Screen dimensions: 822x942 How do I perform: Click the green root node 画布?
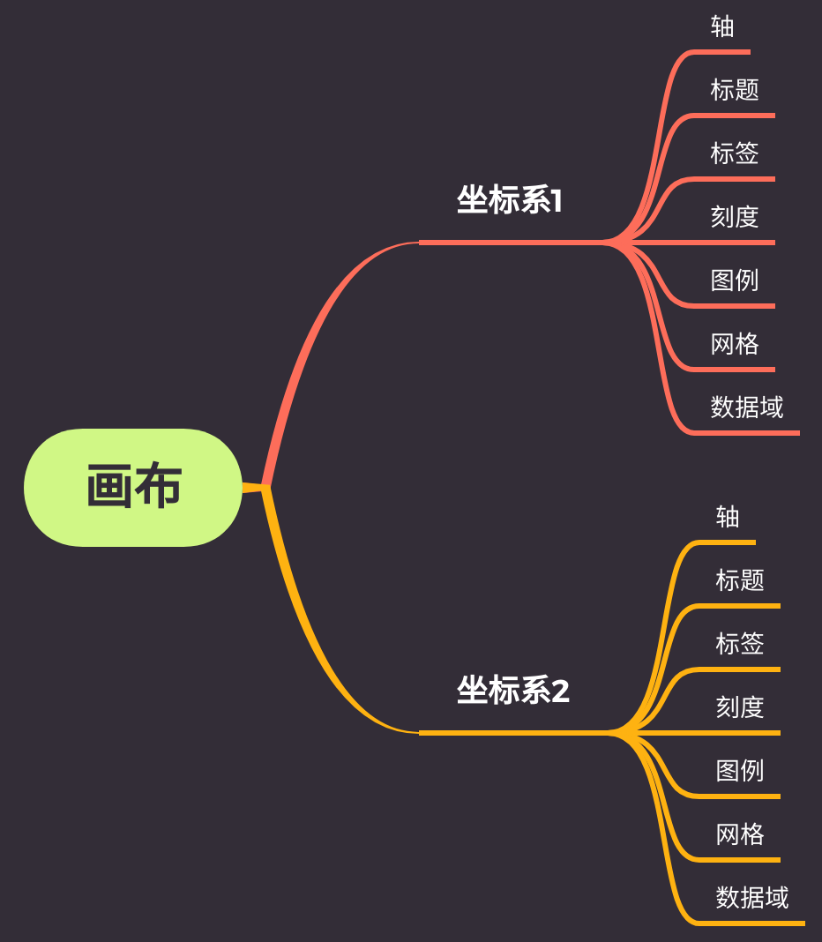click(133, 488)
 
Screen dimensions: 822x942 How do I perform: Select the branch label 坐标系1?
click(509, 201)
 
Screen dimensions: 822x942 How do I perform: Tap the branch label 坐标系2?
click(512, 691)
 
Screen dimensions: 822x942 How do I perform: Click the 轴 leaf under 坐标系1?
click(722, 26)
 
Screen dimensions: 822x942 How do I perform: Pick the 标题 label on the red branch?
click(735, 90)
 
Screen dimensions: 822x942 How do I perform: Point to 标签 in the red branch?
click(735, 153)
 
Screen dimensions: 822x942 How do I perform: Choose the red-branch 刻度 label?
click(735, 217)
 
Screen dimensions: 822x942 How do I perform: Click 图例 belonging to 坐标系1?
click(735, 280)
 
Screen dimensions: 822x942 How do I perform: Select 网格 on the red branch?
click(735, 344)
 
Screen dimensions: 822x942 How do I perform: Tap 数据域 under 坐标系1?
click(747, 407)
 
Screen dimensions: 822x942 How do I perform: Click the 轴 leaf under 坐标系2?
click(728, 517)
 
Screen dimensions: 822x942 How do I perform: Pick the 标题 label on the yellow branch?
click(740, 580)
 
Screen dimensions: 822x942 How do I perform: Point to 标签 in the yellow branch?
click(740, 644)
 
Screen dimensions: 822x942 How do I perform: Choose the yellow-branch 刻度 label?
click(740, 707)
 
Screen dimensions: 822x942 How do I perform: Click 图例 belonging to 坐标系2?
click(740, 771)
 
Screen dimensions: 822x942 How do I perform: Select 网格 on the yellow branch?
click(740, 834)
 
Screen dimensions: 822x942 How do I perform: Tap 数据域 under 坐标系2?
click(752, 898)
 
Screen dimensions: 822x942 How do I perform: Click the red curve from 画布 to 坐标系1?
click(304, 340)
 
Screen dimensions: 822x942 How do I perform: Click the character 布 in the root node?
click(159, 488)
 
